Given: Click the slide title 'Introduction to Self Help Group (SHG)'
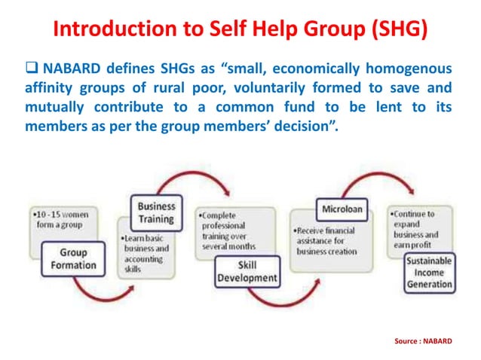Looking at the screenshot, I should pos(240,29).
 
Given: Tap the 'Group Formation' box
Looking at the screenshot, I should pos(73,259).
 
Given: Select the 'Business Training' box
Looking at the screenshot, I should pos(155,212).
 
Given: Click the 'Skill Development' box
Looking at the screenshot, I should pos(247,272).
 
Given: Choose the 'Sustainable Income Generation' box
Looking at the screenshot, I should pos(429,272).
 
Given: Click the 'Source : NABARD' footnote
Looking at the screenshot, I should pos(423,341).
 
